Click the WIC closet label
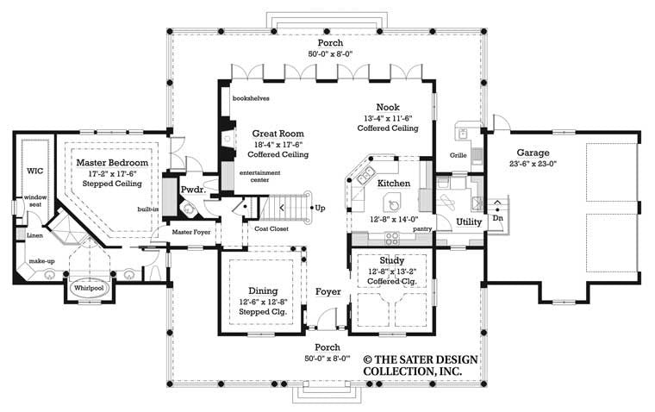[34, 171]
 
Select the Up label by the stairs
[321, 208]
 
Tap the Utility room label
[469, 222]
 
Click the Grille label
[458, 155]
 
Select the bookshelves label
[251, 98]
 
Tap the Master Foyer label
[190, 231]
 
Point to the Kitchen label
[394, 184]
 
